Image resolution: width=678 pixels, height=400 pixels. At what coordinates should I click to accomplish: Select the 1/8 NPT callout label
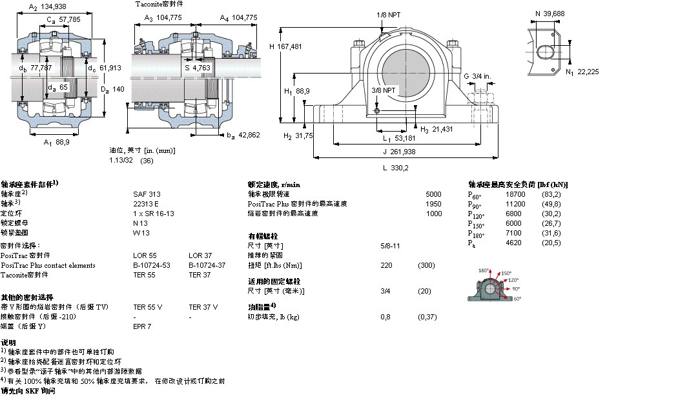[388, 15]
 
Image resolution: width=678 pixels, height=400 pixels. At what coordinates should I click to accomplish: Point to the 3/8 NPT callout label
[384, 90]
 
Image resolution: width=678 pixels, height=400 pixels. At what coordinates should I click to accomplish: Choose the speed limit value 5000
[433, 194]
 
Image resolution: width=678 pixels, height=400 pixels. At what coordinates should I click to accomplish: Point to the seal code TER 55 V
[147, 307]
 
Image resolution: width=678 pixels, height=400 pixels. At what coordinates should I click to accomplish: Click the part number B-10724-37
[207, 265]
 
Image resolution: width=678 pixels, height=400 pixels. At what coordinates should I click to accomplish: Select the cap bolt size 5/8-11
[391, 246]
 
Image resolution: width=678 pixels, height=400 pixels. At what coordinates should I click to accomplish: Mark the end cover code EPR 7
[142, 326]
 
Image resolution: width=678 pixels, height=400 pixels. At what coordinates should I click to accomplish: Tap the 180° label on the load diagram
[484, 271]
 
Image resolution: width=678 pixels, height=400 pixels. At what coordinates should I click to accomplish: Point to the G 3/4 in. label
[477, 77]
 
